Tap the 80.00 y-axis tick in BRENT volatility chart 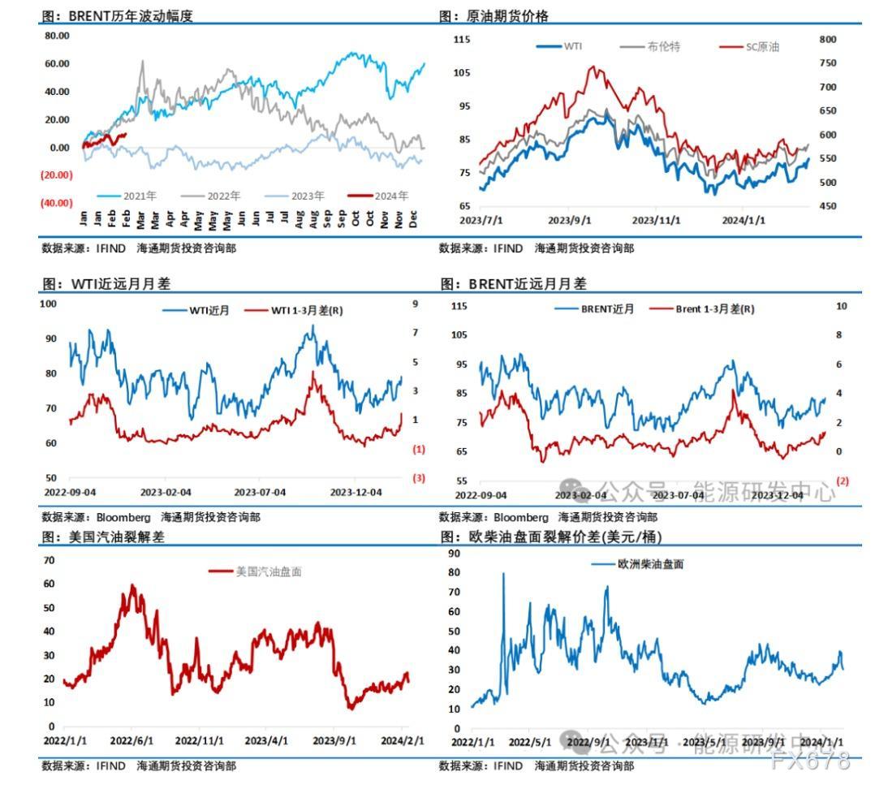pos(57,36)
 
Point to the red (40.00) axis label pos(57,203)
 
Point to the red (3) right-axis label pos(419,478)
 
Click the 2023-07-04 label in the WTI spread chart pos(260,492)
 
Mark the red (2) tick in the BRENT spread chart pos(842,481)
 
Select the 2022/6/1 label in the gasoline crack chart pos(132,741)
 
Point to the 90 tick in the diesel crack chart pos(455,554)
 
